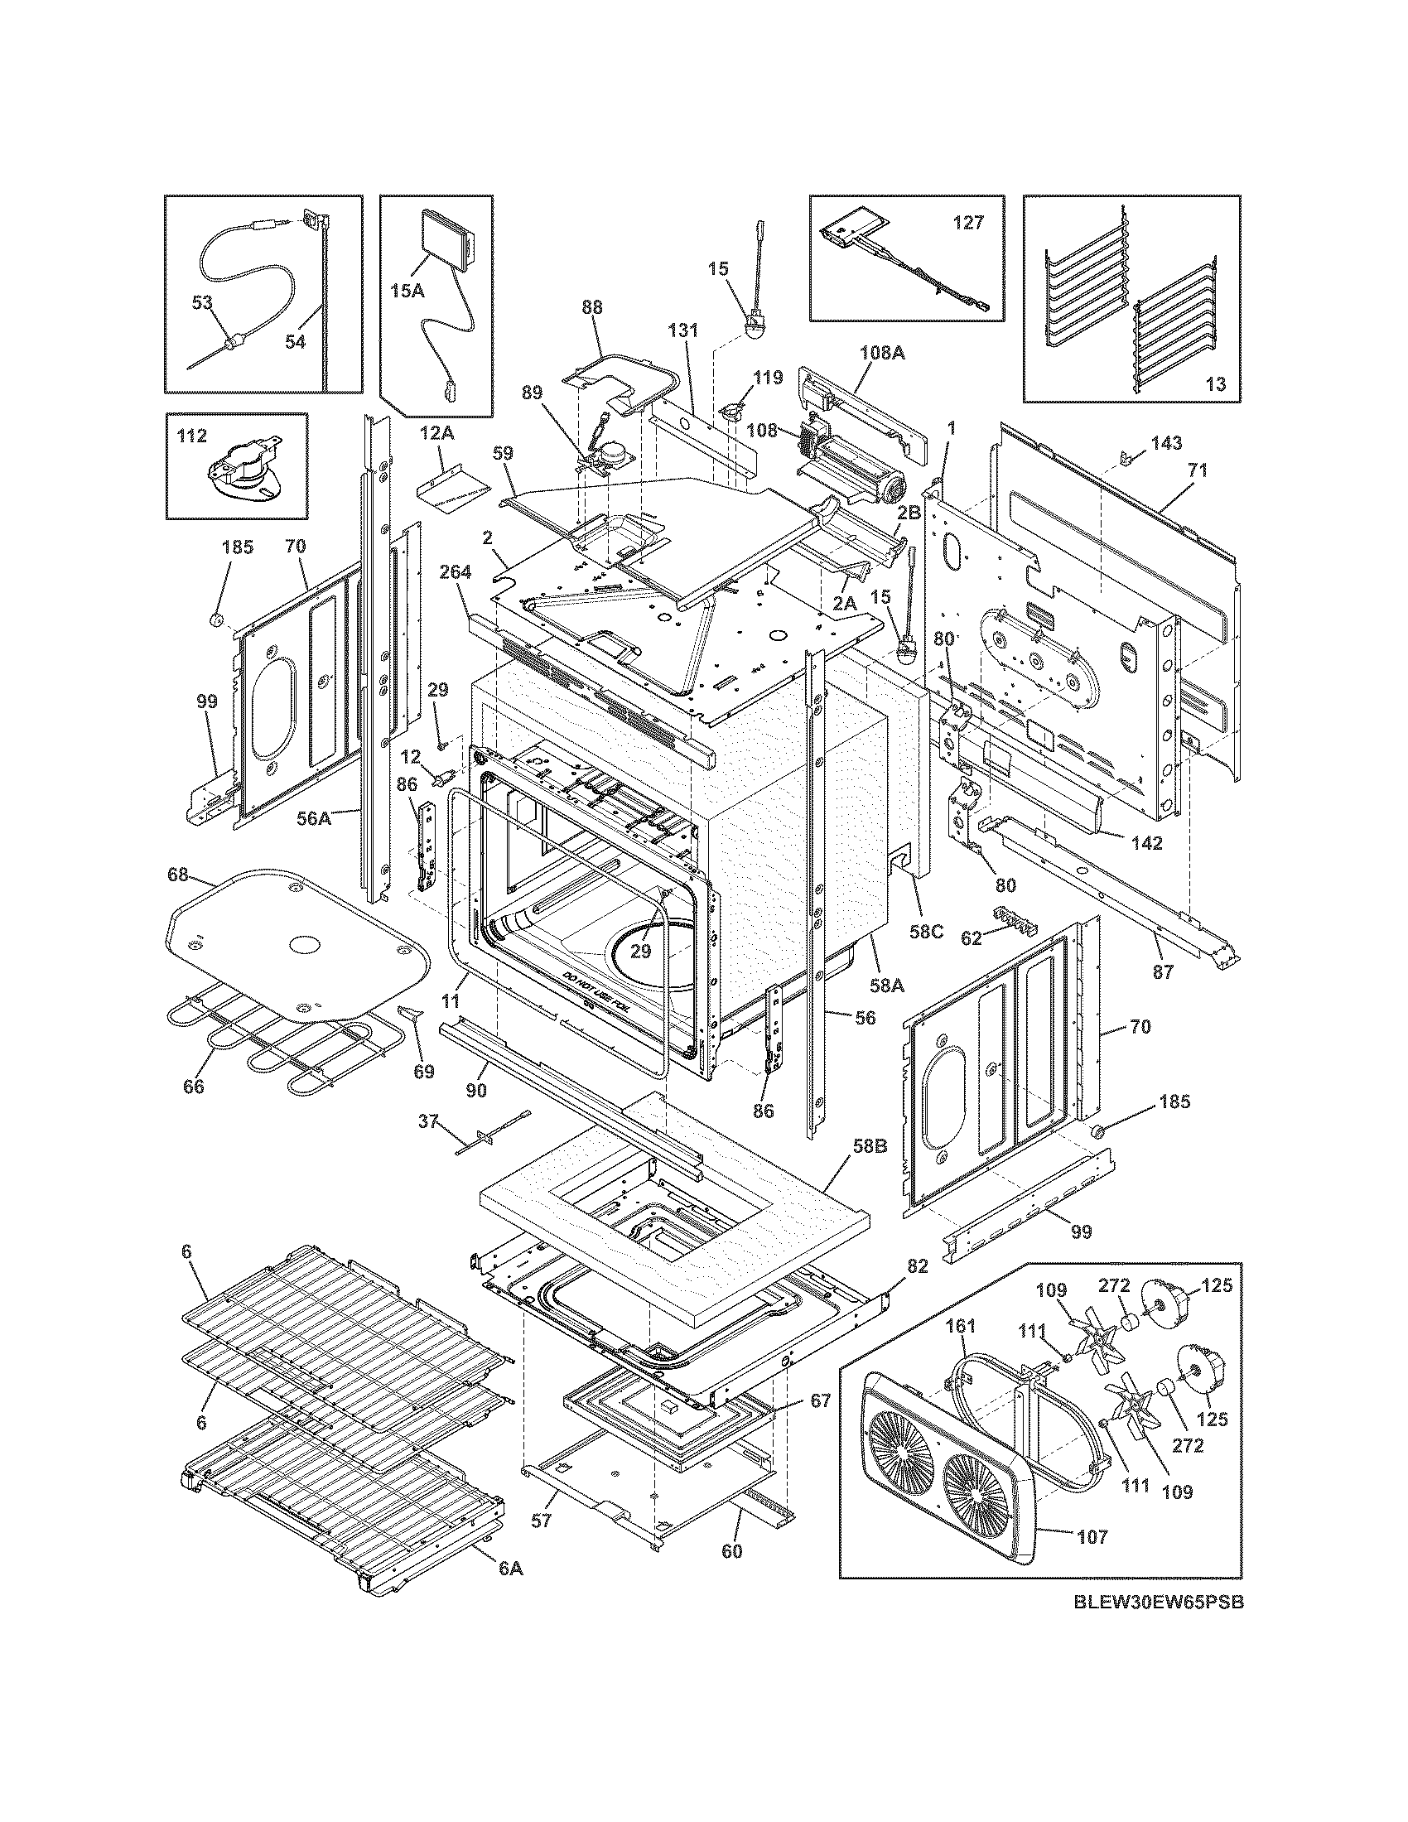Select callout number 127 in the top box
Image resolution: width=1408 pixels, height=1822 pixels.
[968, 223]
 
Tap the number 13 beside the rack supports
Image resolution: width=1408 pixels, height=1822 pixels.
[1215, 383]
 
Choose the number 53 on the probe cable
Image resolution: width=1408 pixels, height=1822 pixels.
[203, 302]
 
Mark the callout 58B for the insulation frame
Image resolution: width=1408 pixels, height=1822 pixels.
[870, 1146]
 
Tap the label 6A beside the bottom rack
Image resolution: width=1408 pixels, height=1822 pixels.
[510, 1569]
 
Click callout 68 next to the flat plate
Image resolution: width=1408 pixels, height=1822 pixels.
[178, 876]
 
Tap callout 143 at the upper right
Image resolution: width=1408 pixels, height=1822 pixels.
[1166, 443]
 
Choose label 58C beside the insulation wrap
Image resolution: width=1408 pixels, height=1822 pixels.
[925, 931]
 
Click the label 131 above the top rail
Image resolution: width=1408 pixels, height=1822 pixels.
[682, 330]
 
